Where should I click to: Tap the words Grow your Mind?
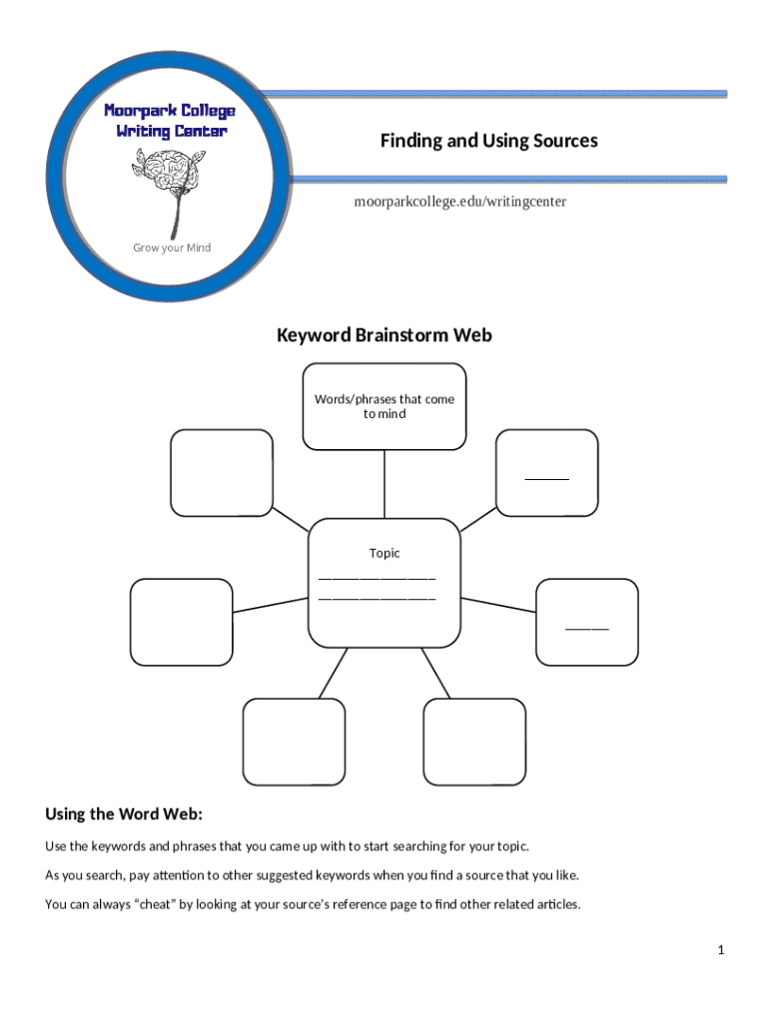pyautogui.click(x=173, y=248)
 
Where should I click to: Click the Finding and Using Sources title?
pyautogui.click(x=488, y=141)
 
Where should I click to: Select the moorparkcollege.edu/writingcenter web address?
pyautogui.click(x=460, y=202)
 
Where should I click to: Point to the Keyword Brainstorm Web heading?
pyautogui.click(x=384, y=335)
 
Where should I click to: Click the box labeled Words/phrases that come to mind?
pyautogui.click(x=384, y=406)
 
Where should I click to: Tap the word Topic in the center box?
pyautogui.click(x=384, y=553)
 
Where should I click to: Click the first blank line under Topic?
pyautogui.click(x=378, y=578)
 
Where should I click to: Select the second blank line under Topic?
pyautogui.click(x=378, y=598)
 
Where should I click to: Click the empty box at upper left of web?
pyautogui.click(x=221, y=472)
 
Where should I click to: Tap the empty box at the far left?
pyautogui.click(x=181, y=622)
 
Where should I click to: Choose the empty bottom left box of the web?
pyautogui.click(x=295, y=742)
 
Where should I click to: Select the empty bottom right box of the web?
pyautogui.click(x=474, y=742)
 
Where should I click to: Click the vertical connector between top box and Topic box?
pyautogui.click(x=384, y=483)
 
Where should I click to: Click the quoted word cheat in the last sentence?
pyautogui.click(x=153, y=905)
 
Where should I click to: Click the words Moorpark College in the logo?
pyautogui.click(x=171, y=110)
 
